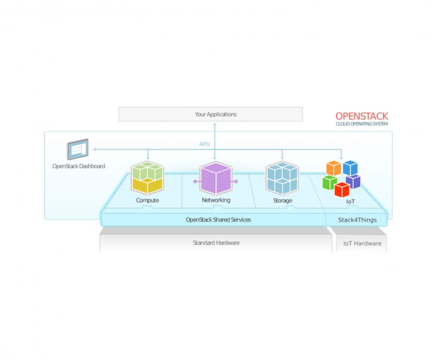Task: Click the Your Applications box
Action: tap(210, 114)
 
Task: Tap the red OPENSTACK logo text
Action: tap(362, 117)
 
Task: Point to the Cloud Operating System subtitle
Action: tap(362, 124)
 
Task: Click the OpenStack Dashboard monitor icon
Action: tap(77, 150)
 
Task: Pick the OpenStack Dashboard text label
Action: tap(78, 166)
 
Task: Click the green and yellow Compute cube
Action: tap(147, 177)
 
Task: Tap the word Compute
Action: tap(147, 201)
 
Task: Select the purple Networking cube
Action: tap(216, 179)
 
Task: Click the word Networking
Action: tap(216, 200)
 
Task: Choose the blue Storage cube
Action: tap(282, 177)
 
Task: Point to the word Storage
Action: tap(282, 201)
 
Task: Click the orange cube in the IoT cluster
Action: tap(333, 168)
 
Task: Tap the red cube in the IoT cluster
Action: tap(342, 189)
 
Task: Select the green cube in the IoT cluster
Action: tap(330, 183)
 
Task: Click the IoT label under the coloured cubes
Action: tap(351, 201)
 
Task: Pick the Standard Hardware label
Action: tap(216, 243)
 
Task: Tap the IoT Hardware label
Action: tap(362, 243)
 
